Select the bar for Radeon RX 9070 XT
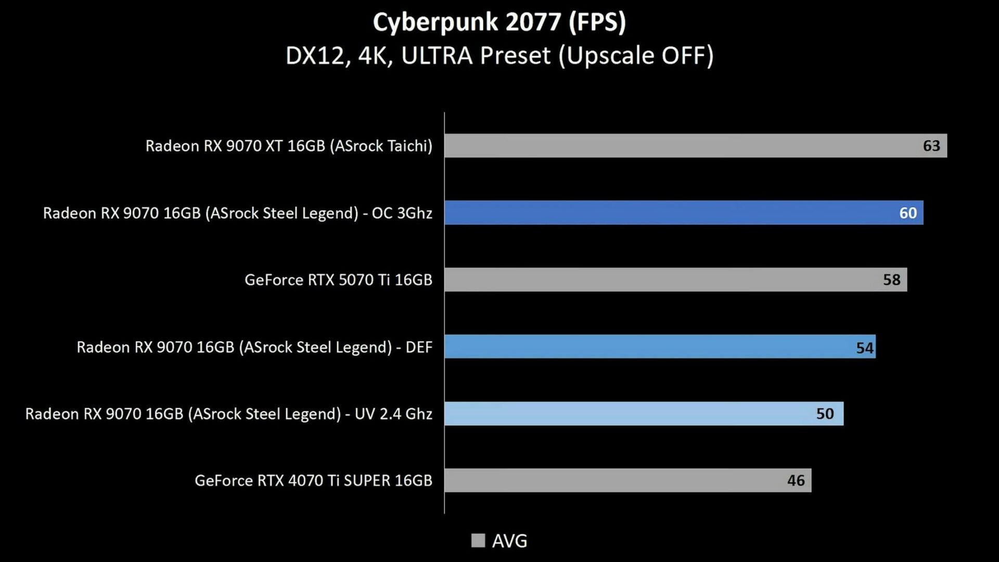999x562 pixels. point(676,146)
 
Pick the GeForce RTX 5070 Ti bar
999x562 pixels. point(661,280)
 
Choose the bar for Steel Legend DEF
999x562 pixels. point(645,347)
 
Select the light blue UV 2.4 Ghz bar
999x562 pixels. point(624,414)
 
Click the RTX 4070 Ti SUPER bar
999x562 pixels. point(614,480)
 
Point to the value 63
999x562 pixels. point(931,146)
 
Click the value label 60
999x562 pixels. point(908,213)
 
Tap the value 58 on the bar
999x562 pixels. point(891,280)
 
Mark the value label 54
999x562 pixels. point(865,348)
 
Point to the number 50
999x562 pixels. point(825,414)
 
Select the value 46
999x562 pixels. point(796,480)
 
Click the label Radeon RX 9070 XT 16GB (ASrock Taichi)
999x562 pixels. point(289,146)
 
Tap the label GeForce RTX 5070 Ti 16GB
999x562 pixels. point(338,280)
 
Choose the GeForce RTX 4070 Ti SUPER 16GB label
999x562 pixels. point(313,480)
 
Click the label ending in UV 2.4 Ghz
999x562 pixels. point(229,414)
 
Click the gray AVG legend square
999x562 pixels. point(478,541)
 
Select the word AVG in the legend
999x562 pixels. point(509,541)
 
